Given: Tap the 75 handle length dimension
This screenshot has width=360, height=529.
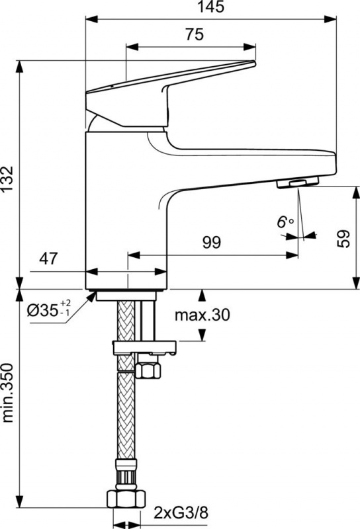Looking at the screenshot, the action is (195, 34).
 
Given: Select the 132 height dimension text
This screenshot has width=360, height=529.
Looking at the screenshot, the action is (7, 179).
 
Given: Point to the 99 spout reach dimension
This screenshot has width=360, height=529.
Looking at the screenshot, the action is (212, 243).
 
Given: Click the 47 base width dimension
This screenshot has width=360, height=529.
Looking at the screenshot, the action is (48, 259).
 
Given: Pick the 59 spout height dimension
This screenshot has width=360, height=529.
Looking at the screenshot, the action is (344, 239).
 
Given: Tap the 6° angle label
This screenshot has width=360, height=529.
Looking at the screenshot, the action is (285, 222).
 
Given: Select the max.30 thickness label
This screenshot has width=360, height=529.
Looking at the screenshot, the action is (202, 315).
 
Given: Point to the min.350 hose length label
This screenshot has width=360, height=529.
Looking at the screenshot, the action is (7, 393).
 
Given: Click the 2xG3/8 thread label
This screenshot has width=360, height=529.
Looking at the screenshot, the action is (181, 513).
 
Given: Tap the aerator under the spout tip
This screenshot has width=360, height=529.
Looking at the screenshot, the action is (298, 183).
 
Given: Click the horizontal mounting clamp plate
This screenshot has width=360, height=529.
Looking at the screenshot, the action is (144, 348).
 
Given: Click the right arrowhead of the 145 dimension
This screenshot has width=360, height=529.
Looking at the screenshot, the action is (330, 19).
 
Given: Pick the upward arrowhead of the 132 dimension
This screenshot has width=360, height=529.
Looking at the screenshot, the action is (20, 67).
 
